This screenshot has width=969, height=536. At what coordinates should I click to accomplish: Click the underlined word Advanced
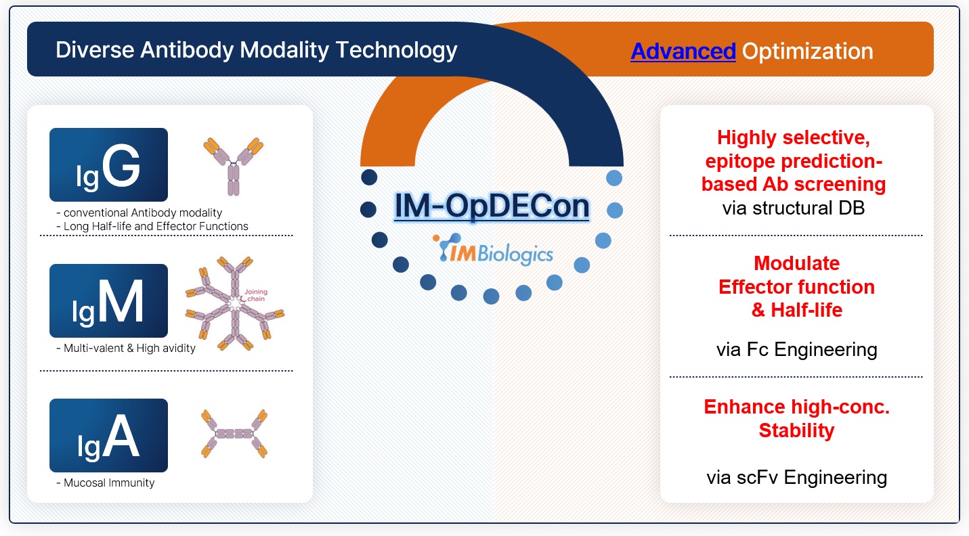[x=683, y=51]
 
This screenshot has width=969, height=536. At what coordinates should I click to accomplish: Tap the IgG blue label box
[x=108, y=164]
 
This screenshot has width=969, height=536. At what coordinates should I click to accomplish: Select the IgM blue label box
[x=108, y=301]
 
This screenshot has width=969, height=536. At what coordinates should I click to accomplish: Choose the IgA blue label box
[x=108, y=435]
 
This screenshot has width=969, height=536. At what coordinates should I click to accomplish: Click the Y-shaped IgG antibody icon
[x=233, y=166]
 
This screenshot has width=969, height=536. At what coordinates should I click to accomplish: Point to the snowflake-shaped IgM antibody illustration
[x=235, y=303]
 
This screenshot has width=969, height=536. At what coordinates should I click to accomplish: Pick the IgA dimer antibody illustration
[x=234, y=434]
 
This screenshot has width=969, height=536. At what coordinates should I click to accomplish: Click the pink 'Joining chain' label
[x=256, y=295]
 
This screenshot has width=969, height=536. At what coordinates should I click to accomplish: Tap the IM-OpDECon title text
[x=492, y=206]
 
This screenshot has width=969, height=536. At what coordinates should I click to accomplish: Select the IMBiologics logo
[x=493, y=250]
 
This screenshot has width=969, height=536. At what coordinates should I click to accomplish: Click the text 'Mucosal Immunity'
[x=109, y=483]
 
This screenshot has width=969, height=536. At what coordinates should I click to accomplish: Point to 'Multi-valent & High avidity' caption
[x=129, y=348]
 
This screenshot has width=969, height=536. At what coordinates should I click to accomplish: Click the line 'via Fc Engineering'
[x=796, y=349]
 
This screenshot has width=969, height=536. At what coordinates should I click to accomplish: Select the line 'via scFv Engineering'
[x=796, y=478]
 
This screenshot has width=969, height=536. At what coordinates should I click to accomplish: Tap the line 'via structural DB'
[x=794, y=208]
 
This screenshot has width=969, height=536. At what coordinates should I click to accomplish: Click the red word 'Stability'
[x=796, y=430]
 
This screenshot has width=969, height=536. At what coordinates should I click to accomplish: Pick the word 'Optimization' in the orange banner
[x=808, y=51]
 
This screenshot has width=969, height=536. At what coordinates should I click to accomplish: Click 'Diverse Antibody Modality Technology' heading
[x=256, y=49]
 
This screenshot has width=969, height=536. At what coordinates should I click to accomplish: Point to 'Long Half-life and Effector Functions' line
[x=156, y=226]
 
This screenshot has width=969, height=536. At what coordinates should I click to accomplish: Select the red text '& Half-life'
[x=797, y=310]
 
